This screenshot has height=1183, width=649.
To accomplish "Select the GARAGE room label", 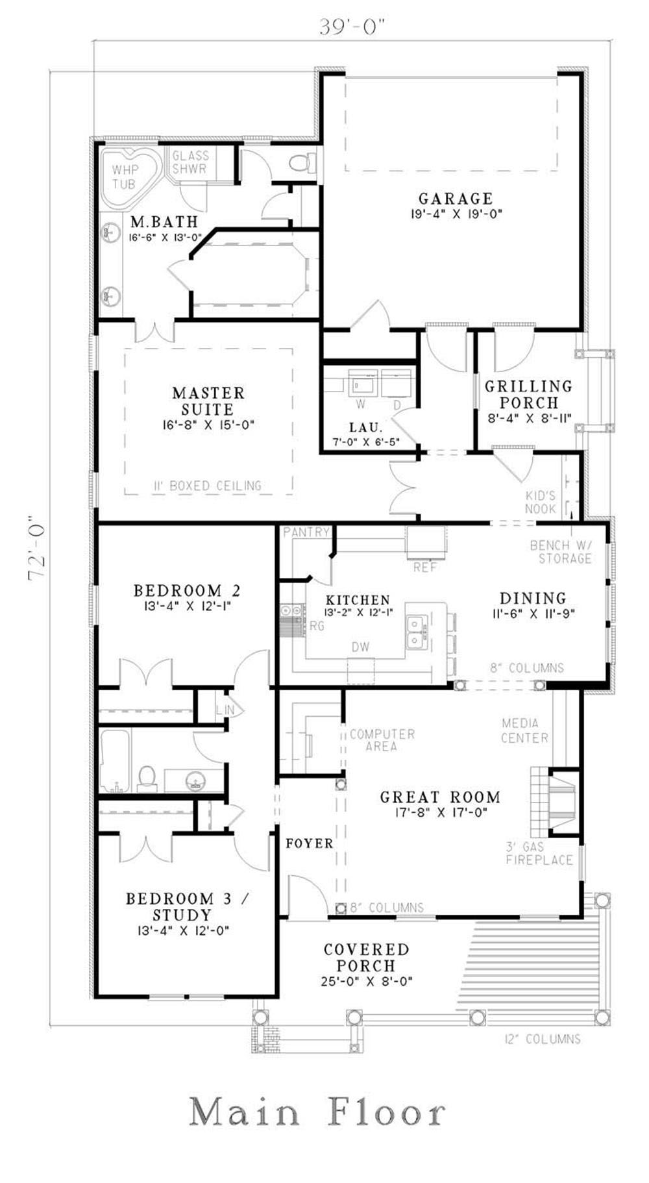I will [x=455, y=199].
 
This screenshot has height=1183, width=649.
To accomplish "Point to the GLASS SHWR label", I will [x=190, y=162].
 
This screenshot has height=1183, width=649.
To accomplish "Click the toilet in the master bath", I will [x=303, y=162].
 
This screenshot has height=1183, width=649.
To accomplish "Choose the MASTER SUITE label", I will [x=208, y=401].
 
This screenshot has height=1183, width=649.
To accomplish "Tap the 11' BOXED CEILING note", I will [x=208, y=486].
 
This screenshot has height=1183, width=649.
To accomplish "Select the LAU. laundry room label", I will [x=365, y=428].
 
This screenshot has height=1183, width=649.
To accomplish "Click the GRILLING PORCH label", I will [x=529, y=394].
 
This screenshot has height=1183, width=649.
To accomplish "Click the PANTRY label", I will [x=306, y=532].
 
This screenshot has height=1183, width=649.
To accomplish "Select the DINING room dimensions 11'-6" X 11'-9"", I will [x=533, y=612].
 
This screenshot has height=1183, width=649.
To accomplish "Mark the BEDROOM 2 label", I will [x=186, y=590].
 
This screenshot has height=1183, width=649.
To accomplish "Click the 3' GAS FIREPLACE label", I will [x=539, y=853].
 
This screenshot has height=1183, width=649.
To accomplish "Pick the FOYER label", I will [x=309, y=843].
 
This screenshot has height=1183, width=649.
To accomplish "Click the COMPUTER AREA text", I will [x=382, y=740].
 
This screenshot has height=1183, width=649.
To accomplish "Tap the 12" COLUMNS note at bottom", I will [x=543, y=1039].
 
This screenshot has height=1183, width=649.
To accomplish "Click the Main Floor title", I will [x=317, y=1112].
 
